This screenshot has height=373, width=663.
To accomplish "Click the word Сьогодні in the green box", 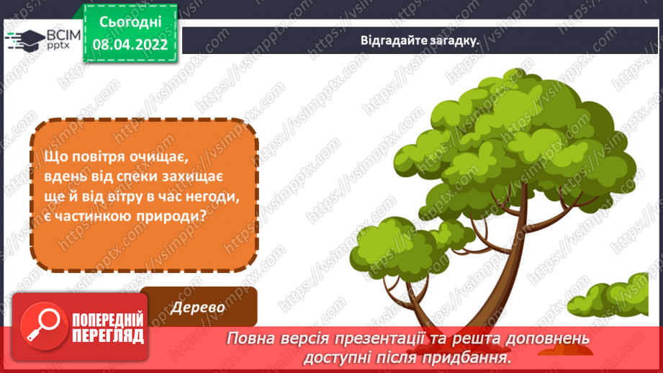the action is click(130, 22).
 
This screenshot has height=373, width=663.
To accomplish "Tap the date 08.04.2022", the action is click(130, 44).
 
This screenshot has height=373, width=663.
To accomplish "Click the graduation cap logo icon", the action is click(26, 40).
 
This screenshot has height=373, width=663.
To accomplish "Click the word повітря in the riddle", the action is click(98, 156).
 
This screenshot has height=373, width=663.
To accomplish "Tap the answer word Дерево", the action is click(197, 307).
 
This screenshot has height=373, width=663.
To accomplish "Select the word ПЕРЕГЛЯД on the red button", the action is click(108, 336).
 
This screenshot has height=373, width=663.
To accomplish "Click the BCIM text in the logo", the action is click(63, 35).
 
